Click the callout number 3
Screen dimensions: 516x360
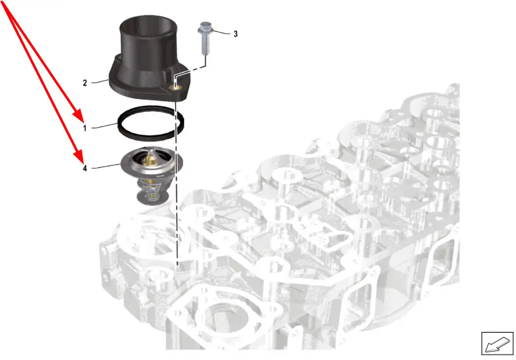235,34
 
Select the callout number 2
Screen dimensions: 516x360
85,83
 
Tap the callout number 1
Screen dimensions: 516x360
85,128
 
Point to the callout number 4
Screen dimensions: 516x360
85,168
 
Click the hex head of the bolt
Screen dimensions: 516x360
206,28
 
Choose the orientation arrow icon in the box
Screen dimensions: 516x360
497,344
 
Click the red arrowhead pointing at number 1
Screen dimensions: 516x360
79,116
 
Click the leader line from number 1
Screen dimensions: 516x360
104,126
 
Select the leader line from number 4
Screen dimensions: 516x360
106,166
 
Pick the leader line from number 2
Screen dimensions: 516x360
100,81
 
